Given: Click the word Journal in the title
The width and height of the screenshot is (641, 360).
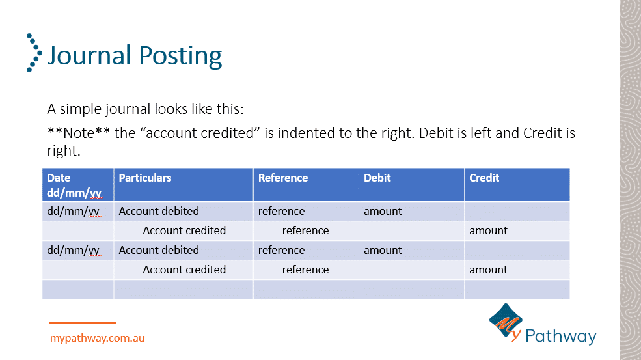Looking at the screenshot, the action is point(89,55).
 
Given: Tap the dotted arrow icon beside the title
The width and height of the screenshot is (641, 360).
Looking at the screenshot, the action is point(34,53).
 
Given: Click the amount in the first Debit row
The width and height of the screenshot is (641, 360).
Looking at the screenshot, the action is point(383,211).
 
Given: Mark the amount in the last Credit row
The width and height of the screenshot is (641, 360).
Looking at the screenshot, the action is point(488,270).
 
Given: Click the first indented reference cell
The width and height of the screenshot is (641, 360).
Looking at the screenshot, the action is point(305,230).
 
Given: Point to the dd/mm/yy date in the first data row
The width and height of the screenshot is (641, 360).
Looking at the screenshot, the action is point(74,212).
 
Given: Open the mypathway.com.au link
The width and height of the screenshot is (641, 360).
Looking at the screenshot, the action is point(98,339).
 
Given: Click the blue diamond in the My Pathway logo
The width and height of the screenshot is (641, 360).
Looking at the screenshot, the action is point(506,320).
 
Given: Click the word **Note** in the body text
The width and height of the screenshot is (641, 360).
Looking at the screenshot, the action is point(79,133).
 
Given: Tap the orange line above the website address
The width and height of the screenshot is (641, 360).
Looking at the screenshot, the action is point(83,323).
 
